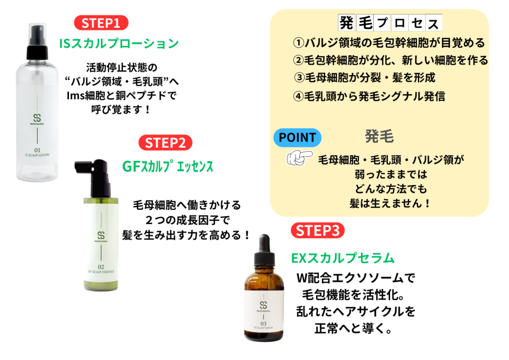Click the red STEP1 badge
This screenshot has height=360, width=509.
pyautogui.click(x=101, y=23)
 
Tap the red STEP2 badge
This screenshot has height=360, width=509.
pyautogui.click(x=165, y=143)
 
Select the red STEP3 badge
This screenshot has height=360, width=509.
pyautogui.click(x=318, y=231)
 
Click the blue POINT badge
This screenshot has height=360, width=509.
pyautogui.click(x=297, y=137)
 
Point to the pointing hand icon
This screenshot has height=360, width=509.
pyautogui.click(x=299, y=158)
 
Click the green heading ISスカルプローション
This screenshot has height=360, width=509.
pyautogui.click(x=119, y=43)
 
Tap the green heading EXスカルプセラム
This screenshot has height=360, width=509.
pyautogui.click(x=342, y=258)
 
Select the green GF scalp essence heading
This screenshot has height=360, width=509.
pyautogui.click(x=168, y=166)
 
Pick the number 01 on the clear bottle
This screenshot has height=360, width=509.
pyautogui.click(x=37, y=150)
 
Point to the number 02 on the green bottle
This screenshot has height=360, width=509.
pyautogui.click(x=101, y=267)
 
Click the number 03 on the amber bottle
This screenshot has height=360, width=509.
pyautogui.click(x=263, y=323)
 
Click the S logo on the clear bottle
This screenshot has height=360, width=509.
pyautogui.click(x=37, y=118)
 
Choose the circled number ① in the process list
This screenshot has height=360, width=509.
pyautogui.click(x=298, y=43)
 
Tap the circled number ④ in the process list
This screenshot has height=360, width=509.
pyautogui.click(x=298, y=96)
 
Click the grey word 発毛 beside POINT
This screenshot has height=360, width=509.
pyautogui.click(x=379, y=136)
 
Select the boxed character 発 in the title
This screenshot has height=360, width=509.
pyautogui.click(x=346, y=23)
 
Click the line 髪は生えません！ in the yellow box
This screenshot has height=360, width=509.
pyautogui.click(x=390, y=203)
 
